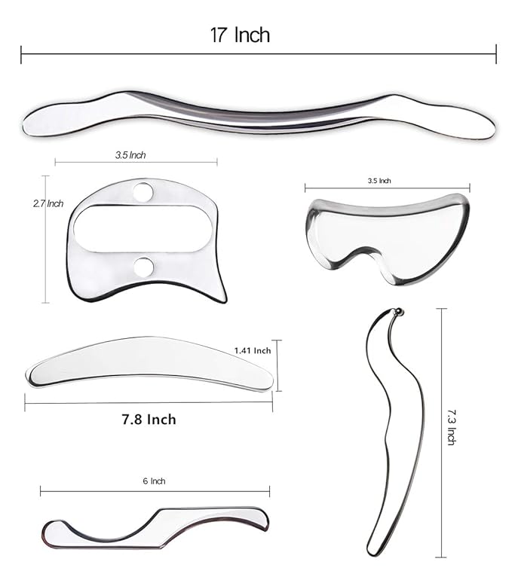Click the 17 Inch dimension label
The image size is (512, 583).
click(x=240, y=35)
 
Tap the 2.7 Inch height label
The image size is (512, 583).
click(x=48, y=203)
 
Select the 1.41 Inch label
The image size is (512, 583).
click(x=253, y=350)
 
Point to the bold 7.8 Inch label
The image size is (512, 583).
click(x=149, y=420)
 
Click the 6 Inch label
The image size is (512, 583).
click(x=154, y=481)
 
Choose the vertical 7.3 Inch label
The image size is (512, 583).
click(x=452, y=427)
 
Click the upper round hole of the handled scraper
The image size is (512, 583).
click(x=143, y=191)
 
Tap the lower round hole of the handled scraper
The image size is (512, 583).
click(x=143, y=267)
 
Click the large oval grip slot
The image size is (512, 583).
click(x=143, y=229)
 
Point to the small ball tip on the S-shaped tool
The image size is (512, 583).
click(x=398, y=312)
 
